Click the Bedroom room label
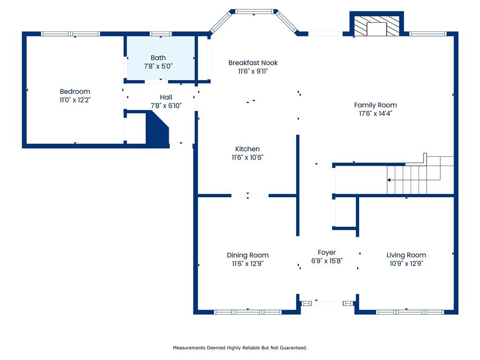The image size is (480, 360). click(x=75, y=91)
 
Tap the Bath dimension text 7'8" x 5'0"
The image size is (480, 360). click(x=158, y=66)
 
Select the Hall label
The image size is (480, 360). click(x=166, y=97)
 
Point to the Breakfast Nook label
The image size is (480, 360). click(x=253, y=63)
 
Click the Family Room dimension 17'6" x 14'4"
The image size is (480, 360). click(x=375, y=113)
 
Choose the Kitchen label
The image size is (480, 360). click(x=247, y=149)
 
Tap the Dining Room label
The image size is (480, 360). click(x=247, y=255)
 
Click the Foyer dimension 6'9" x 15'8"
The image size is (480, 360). click(x=327, y=261)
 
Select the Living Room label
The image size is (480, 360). click(x=406, y=255)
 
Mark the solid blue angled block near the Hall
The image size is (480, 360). click(x=157, y=129)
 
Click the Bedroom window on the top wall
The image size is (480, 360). click(x=71, y=34)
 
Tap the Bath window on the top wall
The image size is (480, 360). click(x=161, y=34)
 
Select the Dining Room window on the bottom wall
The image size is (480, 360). click(x=247, y=312)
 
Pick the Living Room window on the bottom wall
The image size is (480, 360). click(x=410, y=312)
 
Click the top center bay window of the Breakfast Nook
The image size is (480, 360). click(x=254, y=12)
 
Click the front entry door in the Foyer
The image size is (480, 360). click(x=327, y=303)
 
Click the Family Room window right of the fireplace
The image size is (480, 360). click(x=428, y=34)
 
